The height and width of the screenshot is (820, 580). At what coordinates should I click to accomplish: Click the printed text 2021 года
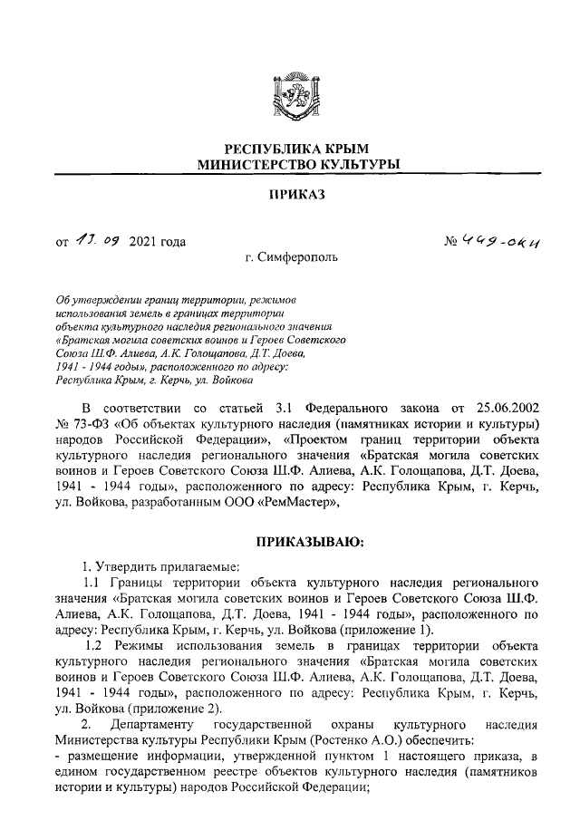pos(158,241)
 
